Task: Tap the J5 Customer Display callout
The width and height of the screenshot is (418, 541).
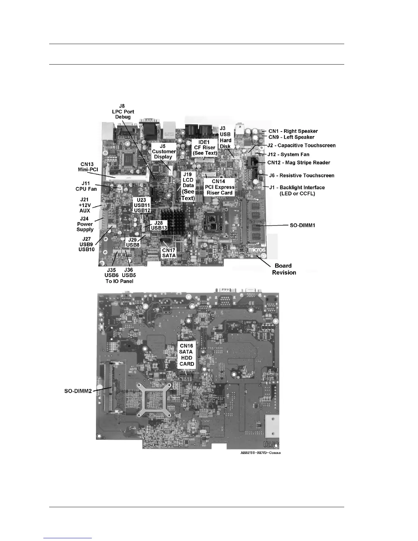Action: (164, 151)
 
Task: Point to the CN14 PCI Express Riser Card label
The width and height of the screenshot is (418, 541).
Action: (219, 187)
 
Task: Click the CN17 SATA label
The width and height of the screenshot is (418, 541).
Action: (169, 253)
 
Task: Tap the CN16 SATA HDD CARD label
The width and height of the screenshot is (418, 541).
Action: (186, 355)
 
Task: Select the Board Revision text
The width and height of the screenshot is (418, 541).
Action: (284, 269)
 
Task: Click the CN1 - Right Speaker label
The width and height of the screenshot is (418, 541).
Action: (293, 131)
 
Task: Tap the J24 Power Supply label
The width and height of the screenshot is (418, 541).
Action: (85, 224)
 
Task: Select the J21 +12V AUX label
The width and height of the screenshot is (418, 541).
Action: (85, 205)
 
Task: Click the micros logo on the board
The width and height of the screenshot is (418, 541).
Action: (256, 249)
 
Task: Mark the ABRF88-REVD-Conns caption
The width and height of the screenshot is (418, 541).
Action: (260, 453)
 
